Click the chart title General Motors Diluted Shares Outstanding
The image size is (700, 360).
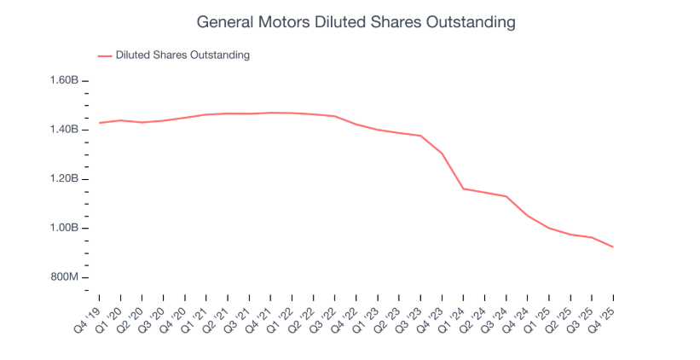click(356, 22)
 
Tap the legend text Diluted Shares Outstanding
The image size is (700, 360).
click(182, 55)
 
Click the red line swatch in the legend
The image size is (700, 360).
click(105, 55)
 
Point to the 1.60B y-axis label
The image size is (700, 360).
click(64, 80)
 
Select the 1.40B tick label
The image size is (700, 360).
click(64, 130)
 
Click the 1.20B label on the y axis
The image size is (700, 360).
click(64, 179)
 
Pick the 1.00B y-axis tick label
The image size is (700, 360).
click(64, 229)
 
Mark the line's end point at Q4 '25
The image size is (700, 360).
click(613, 247)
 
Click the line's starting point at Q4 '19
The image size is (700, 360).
click(100, 123)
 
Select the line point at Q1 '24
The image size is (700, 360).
click(463, 189)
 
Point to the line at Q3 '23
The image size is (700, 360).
click(420, 136)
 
